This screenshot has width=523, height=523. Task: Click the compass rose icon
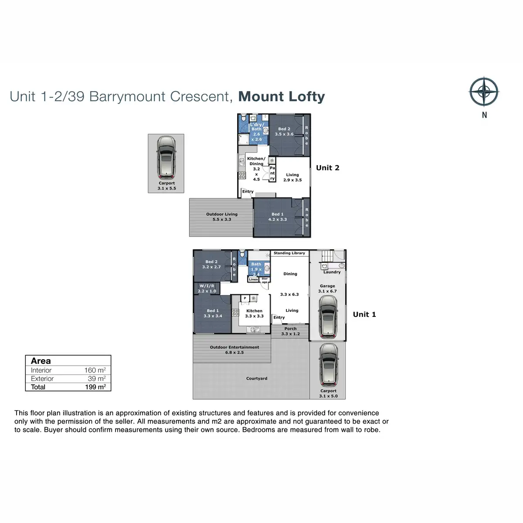[484, 92]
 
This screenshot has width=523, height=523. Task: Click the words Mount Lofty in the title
[282, 97]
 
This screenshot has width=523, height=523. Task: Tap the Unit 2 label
[328, 168]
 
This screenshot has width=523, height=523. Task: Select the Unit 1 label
[364, 314]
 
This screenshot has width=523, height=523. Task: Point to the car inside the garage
[328, 317]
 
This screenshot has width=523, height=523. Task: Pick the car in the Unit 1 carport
[329, 365]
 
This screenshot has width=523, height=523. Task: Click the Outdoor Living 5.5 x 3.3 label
[222, 217]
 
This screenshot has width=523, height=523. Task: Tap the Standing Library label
[289, 253]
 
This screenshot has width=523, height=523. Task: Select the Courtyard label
[256, 378]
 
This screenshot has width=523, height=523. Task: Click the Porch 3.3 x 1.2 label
[290, 331]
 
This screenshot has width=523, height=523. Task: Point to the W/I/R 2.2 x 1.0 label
[207, 289]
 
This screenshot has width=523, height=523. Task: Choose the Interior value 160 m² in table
[95, 370]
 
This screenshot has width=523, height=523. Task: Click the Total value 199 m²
[95, 387]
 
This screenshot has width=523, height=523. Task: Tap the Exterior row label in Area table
[42, 379]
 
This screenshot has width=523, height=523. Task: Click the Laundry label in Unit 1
[332, 272]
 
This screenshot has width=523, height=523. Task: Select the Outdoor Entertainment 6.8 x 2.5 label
[234, 350]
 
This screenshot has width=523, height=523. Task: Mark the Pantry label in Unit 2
[272, 173]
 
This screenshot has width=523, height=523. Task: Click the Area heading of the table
[41, 361]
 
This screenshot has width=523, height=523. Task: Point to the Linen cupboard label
[253, 279]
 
